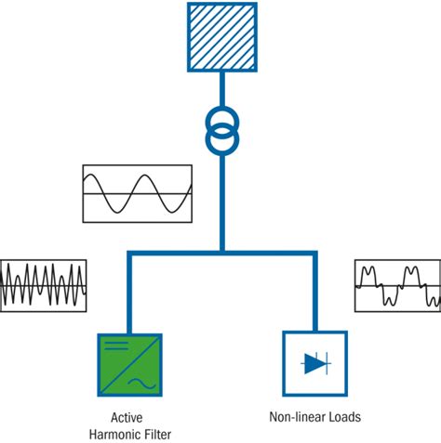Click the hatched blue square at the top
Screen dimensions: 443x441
tap(221, 37)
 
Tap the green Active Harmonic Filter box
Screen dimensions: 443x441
tap(130, 366)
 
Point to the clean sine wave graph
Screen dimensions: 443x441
tap(138, 193)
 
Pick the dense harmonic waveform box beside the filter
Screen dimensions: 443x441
tap(44, 285)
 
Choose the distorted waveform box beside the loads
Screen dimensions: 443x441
tap(397, 285)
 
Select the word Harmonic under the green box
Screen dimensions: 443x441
tap(115, 433)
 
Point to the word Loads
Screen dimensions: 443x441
tap(342, 417)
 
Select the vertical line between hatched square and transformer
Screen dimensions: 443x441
tap(221, 91)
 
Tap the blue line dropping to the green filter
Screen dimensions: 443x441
tap(130, 293)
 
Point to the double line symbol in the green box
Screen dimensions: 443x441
tap(114, 346)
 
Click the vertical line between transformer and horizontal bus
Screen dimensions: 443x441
tap(221, 200)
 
